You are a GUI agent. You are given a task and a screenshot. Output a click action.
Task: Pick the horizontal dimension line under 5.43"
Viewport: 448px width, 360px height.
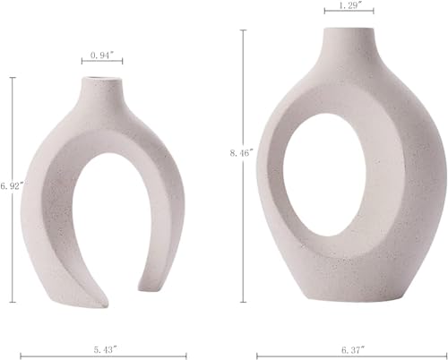(x=106, y=356)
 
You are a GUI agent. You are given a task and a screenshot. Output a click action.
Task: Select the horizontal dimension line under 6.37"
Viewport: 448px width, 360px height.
(x=340, y=356)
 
